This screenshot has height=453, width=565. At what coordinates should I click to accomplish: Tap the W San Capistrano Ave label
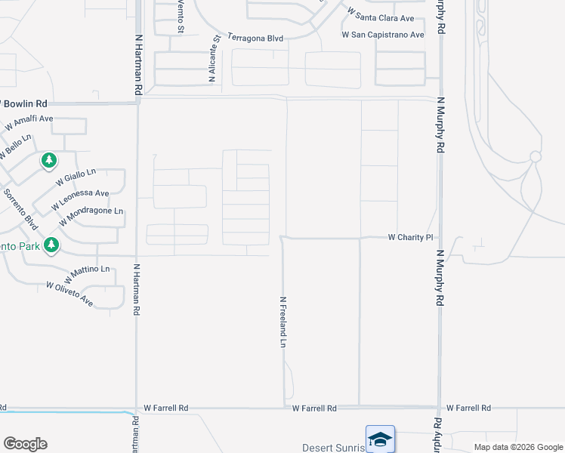(383, 35)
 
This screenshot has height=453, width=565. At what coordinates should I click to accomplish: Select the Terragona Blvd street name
(255, 36)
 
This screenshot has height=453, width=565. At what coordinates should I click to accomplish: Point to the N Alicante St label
(212, 57)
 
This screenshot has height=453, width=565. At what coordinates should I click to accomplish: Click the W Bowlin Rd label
(23, 103)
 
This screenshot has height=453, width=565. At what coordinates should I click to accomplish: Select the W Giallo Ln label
(76, 179)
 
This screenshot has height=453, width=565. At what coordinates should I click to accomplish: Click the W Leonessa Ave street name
(80, 199)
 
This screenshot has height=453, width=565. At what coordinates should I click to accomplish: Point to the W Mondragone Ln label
(90, 216)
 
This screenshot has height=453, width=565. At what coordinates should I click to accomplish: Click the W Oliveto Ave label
(69, 294)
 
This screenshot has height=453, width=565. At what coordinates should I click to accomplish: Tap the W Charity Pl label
(410, 237)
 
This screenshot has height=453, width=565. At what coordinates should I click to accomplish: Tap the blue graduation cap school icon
(379, 438)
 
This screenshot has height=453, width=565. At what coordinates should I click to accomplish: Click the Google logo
(25, 444)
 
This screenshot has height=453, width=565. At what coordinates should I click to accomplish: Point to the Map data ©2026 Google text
(518, 447)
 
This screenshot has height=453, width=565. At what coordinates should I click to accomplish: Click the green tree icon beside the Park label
(51, 245)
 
